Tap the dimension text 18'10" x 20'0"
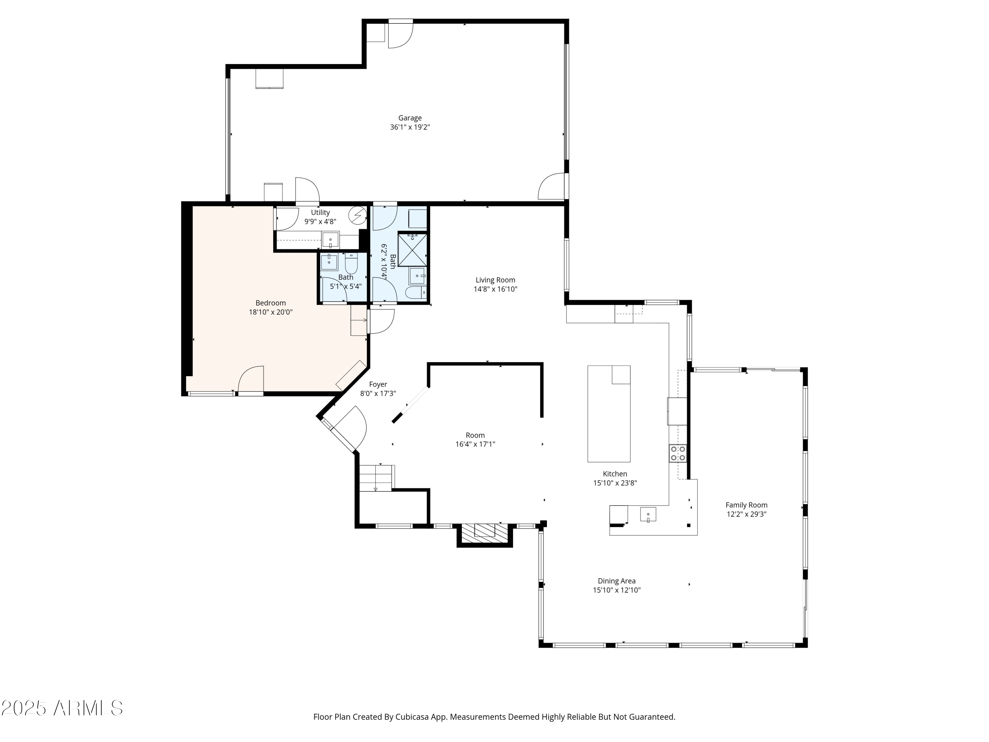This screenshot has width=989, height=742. pyautogui.click(x=271, y=312)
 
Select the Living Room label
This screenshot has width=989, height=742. pyautogui.click(x=495, y=280)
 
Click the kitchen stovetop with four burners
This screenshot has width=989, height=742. pyautogui.click(x=678, y=453)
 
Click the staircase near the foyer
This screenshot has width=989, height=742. pyautogui.click(x=376, y=478)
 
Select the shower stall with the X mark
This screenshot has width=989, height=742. pyautogui.click(x=412, y=250)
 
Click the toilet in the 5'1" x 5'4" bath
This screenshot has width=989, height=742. pyautogui.click(x=351, y=263)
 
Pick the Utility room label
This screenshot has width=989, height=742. pyautogui.click(x=320, y=212)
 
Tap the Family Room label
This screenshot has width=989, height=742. pyautogui.click(x=746, y=505)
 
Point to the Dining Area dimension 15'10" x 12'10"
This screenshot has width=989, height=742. pyautogui.click(x=616, y=590)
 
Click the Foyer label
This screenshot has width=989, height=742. pyautogui.click(x=378, y=384)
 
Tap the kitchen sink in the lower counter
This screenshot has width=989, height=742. pyautogui.click(x=648, y=514)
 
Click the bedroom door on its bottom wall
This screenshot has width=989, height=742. pyautogui.click(x=251, y=381)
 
